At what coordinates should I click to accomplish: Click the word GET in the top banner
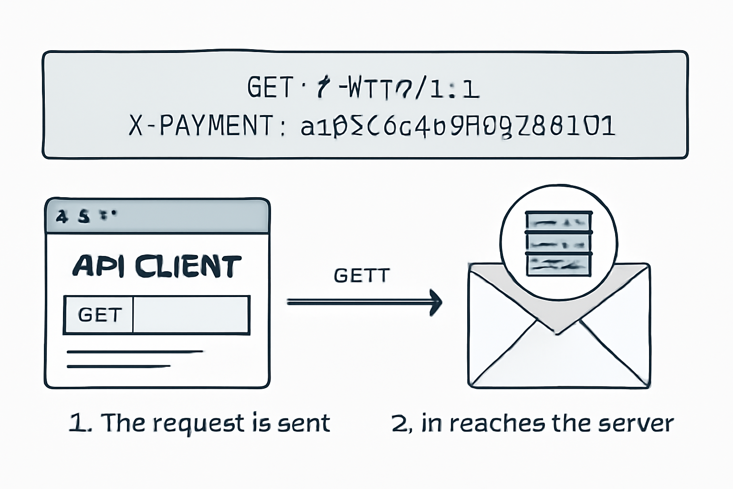pyautogui.click(x=269, y=88)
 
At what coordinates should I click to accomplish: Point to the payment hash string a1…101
pyautogui.click(x=457, y=126)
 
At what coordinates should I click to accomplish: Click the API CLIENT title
pyautogui.click(x=157, y=266)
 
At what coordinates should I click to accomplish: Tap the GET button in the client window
pyautogui.click(x=99, y=315)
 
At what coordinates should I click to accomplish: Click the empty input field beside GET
pyautogui.click(x=191, y=315)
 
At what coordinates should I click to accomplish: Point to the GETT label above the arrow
pyautogui.click(x=362, y=276)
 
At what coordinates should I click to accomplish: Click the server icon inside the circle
pyautogui.click(x=558, y=244)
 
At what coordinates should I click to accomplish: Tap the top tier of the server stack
pyautogui.click(x=558, y=222)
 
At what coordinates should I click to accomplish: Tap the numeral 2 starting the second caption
pyautogui.click(x=398, y=423)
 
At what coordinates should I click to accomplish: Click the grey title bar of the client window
pyautogui.click(x=157, y=216)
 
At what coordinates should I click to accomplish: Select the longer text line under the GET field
pyautogui.click(x=135, y=352)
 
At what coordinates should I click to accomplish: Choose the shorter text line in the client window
pyautogui.click(x=118, y=366)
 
